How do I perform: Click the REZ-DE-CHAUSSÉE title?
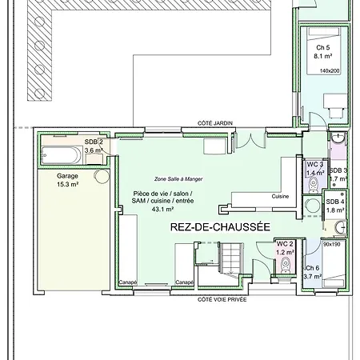[220, 227]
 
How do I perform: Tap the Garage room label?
[67, 176]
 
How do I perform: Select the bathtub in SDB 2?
[62, 155]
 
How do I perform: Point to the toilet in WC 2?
[286, 265]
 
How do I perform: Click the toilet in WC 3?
[313, 185]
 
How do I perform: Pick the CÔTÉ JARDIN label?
[215, 123]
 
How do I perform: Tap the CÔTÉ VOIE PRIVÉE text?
[222, 300]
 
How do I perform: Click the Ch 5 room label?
[323, 48]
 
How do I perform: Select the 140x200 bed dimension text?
[330, 71]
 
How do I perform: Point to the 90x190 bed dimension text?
[332, 244]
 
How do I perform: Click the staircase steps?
[231, 258]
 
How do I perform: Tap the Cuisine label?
[280, 196]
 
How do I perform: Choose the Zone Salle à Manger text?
[178, 179]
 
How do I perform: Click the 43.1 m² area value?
[162, 210]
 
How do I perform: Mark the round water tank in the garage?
[102, 176]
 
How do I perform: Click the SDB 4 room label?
[335, 202]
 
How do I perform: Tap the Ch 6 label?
[312, 268]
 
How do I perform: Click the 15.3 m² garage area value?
[67, 184]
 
